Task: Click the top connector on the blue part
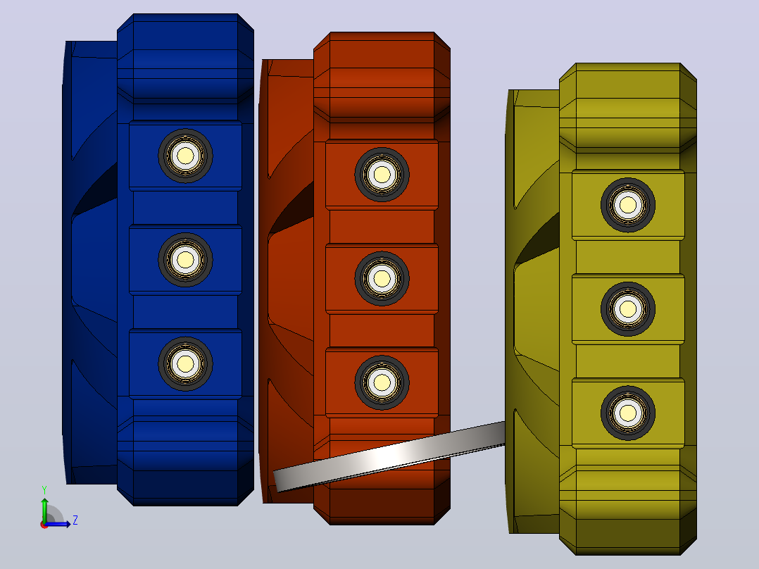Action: (185, 156)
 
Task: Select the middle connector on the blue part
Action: (185, 260)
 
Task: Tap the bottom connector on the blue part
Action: (185, 363)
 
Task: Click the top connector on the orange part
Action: (382, 175)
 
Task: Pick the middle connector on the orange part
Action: (382, 278)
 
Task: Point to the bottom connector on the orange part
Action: (382, 382)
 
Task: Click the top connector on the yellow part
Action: (628, 205)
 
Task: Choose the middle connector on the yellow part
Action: (628, 309)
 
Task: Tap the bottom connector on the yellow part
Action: (628, 413)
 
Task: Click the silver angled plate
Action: (389, 456)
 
